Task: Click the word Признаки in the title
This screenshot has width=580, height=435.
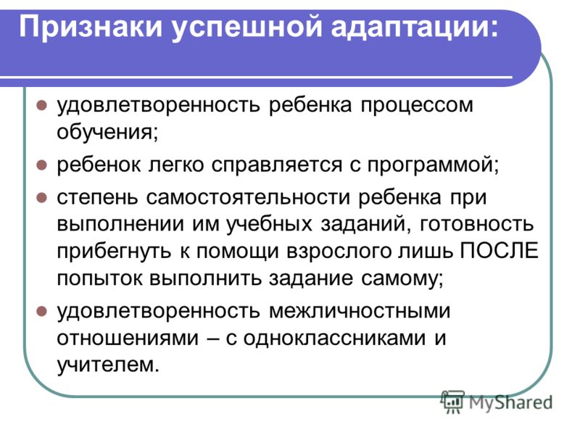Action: (x=91, y=28)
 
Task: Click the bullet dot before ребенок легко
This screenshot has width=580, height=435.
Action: (x=42, y=165)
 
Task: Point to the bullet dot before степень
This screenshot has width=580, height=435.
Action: (x=42, y=198)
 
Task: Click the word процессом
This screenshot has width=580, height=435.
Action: (x=417, y=105)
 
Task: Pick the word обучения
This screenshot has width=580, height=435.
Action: (x=107, y=132)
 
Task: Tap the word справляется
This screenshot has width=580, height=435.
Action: (x=277, y=165)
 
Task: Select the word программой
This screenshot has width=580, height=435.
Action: (x=433, y=165)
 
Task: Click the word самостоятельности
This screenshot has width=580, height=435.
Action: (x=248, y=197)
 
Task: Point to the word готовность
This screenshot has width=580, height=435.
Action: (x=477, y=225)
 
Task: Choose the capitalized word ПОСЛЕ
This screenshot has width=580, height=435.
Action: (x=500, y=251)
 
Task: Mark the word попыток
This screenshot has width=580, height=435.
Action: (x=99, y=278)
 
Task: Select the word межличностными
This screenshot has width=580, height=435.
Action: (x=360, y=311)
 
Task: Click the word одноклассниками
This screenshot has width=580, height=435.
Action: (x=334, y=338)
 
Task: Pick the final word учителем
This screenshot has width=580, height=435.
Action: (x=107, y=365)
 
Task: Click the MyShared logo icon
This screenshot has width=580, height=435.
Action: (x=452, y=402)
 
